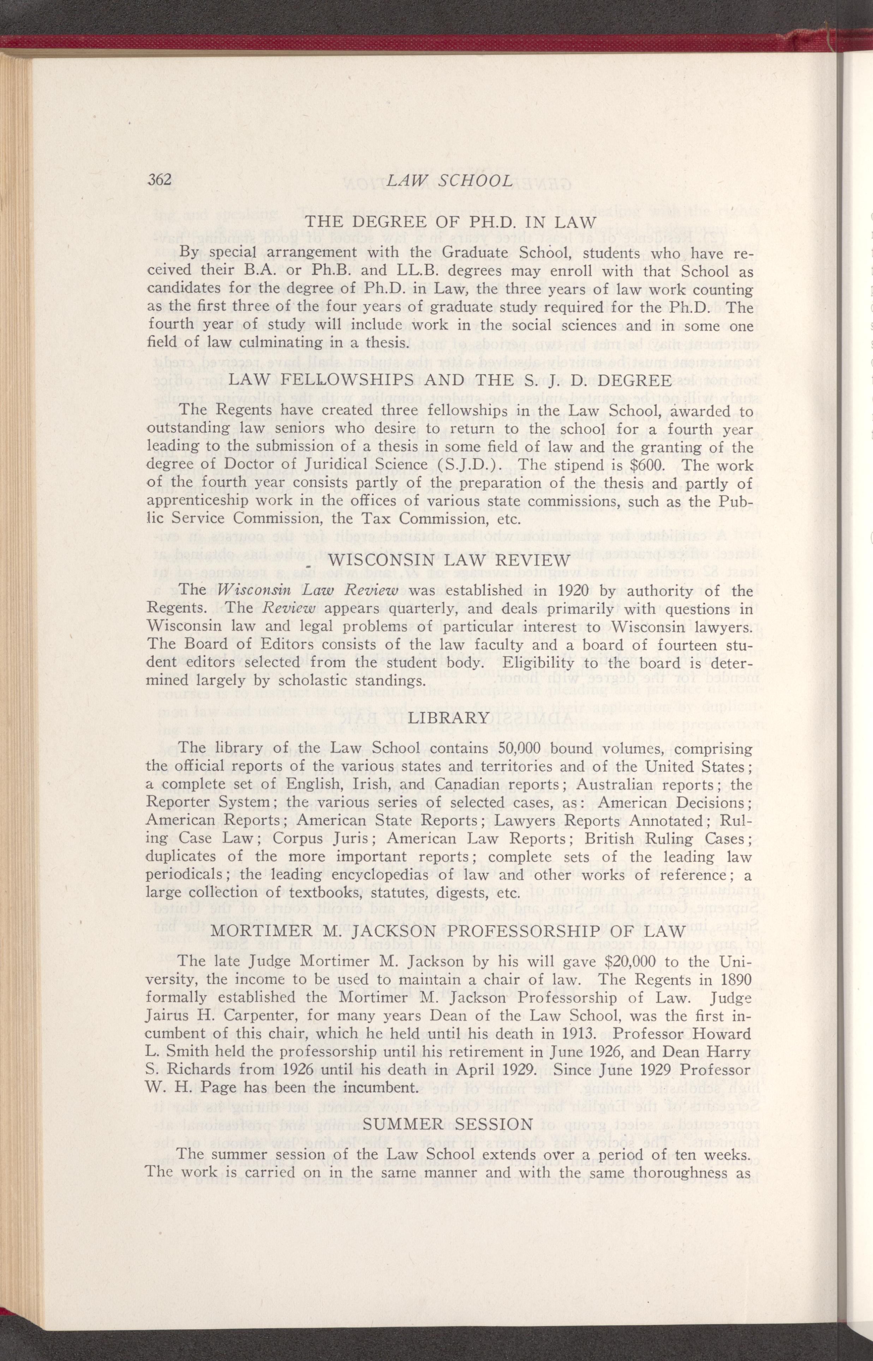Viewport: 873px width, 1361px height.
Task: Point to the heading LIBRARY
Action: [x=448, y=717]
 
